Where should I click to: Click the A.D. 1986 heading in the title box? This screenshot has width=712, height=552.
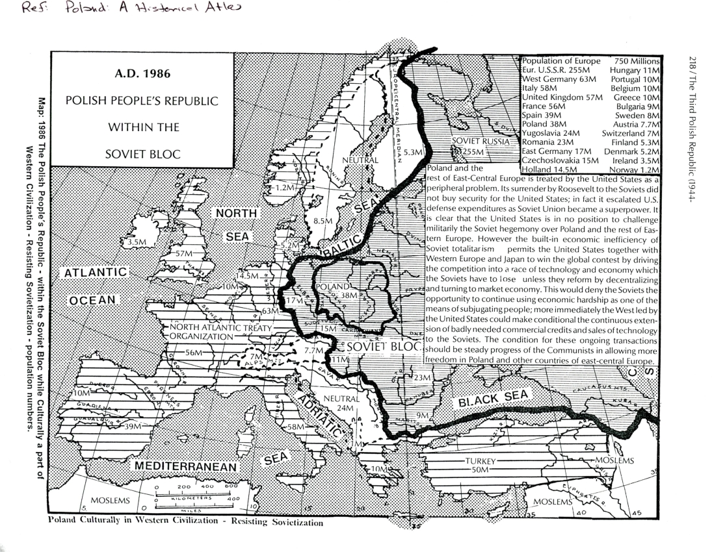click(x=142, y=74)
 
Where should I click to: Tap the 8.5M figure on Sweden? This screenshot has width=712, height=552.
click(x=323, y=221)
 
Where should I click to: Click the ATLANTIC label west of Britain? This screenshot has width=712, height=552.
click(x=95, y=272)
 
